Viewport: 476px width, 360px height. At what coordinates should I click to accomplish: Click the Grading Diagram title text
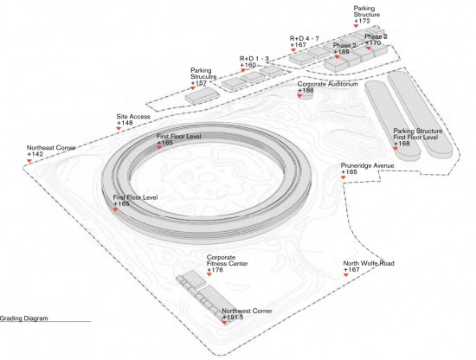(24, 318)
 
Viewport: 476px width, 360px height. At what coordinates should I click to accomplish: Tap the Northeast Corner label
(51, 148)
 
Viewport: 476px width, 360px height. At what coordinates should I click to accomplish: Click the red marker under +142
(29, 161)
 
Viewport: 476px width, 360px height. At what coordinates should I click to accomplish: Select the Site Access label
(133, 117)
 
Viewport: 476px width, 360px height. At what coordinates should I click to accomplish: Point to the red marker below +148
(119, 128)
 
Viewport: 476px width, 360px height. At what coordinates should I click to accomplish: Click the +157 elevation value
(199, 83)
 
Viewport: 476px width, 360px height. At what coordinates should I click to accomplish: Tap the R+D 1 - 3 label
(254, 59)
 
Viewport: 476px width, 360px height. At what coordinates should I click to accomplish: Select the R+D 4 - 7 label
(305, 39)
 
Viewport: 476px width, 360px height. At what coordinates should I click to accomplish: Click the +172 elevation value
(362, 21)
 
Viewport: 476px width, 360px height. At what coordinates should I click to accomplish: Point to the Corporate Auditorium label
(328, 84)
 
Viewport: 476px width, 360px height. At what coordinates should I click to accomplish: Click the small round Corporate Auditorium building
(306, 95)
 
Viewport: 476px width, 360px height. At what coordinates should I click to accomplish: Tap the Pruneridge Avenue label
(367, 166)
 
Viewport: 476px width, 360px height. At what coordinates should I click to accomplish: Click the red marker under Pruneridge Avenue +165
(344, 177)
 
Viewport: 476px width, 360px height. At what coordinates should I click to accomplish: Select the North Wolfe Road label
(369, 263)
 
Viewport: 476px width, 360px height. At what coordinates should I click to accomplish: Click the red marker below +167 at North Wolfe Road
(346, 274)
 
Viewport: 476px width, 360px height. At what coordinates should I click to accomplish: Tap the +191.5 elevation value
(233, 318)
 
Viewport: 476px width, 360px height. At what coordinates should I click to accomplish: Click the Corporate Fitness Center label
(228, 260)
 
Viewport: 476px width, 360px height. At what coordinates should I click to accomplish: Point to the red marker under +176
(209, 274)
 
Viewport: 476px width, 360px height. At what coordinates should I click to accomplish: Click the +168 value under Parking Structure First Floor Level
(402, 144)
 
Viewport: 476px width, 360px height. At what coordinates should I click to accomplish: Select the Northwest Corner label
(248, 312)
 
